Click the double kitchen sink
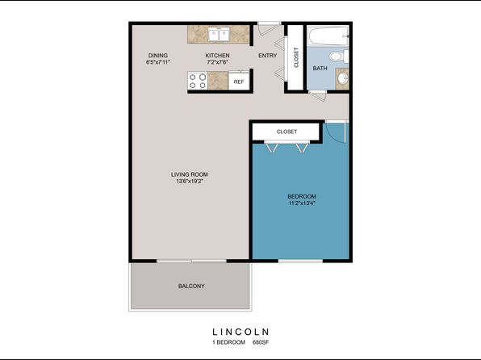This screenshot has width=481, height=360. point(219,34)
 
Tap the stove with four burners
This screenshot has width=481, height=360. point(198,81)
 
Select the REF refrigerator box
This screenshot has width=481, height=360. point(239,81)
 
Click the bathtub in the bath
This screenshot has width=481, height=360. point(328,36)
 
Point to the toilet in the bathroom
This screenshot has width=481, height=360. point(339,57)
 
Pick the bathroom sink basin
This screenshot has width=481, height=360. point(342,78)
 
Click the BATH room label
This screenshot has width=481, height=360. point(320,68)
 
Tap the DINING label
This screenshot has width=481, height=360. point(158,55)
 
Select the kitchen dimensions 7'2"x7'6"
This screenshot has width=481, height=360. point(217,62)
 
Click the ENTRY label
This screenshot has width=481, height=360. point(267,55)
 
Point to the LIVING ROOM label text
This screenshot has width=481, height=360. point(190,174)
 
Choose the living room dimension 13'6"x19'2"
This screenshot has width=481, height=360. point(190,181)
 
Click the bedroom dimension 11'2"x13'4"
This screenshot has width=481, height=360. point(302,203)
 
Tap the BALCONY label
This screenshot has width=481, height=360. point(191,286)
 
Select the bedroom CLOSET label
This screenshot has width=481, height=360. point(287,132)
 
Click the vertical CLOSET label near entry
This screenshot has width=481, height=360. point(296,57)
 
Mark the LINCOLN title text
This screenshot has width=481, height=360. point(240,332)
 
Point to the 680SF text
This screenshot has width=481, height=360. point(261,342)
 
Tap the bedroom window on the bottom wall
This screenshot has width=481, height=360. point(300,261)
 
